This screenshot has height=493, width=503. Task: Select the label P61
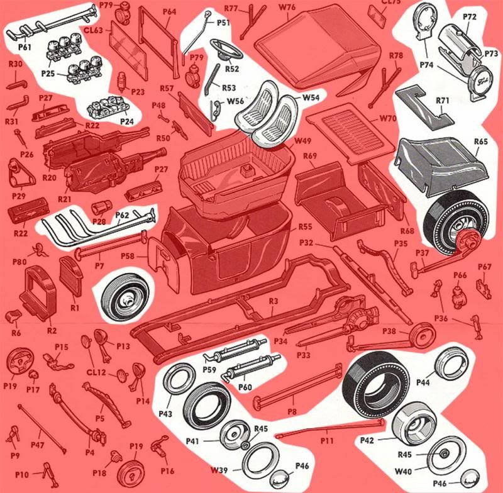pyautogui.click(x=25, y=47)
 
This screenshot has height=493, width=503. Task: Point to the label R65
pyautogui.click(x=481, y=141)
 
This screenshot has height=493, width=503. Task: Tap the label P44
pyautogui.click(x=423, y=382)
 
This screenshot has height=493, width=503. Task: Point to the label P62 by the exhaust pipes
pyautogui.click(x=123, y=215)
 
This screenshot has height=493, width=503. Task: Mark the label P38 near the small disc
pyautogui.click(x=389, y=331)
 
